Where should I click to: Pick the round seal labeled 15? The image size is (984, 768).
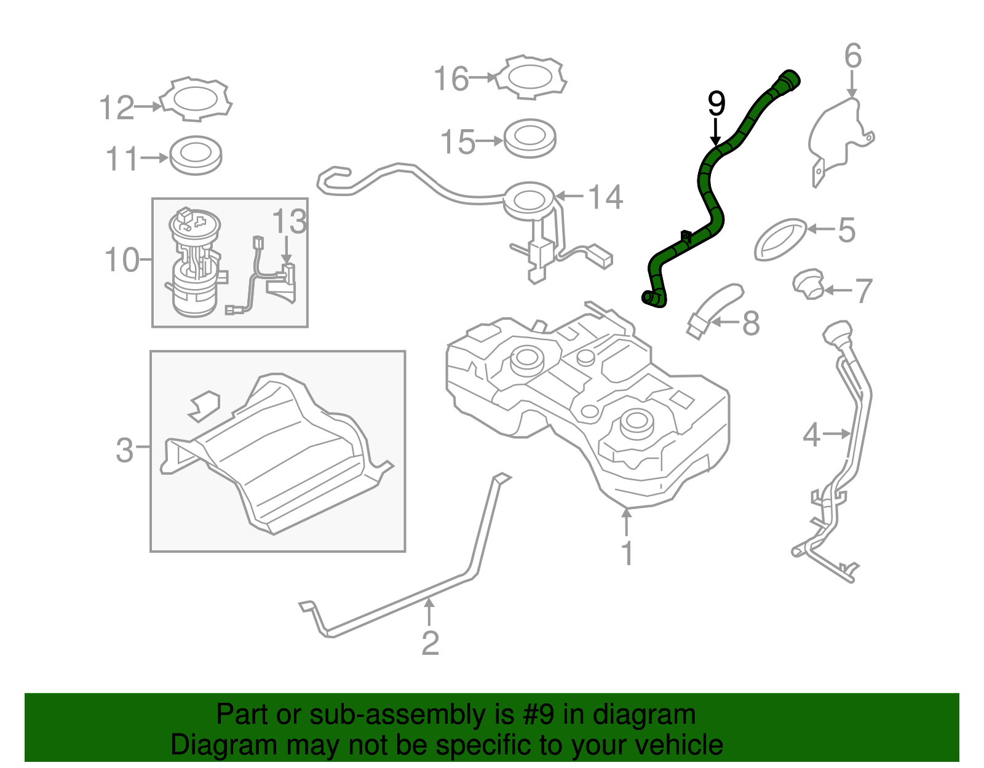pyautogui.click(x=530, y=138)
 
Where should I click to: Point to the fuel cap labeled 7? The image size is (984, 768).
pyautogui.click(x=807, y=284)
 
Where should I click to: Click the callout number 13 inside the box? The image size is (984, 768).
pyautogui.click(x=289, y=222)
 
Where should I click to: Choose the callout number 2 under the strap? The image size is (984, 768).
pyautogui.click(x=430, y=643)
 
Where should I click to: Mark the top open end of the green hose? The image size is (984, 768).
pyautogui.click(x=790, y=79)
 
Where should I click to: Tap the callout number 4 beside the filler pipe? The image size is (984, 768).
pyautogui.click(x=812, y=435)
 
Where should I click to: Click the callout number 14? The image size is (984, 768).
pyautogui.click(x=606, y=197)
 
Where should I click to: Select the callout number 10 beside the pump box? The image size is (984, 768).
pyautogui.click(x=122, y=260)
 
